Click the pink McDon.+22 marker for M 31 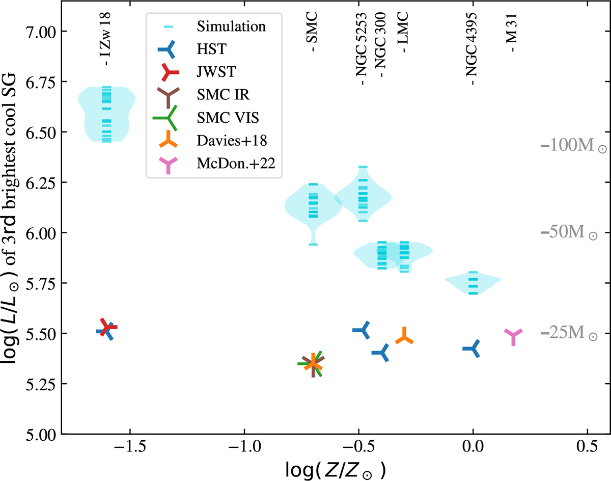514,336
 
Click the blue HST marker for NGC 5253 364,330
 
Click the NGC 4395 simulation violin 473,283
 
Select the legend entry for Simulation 224,25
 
